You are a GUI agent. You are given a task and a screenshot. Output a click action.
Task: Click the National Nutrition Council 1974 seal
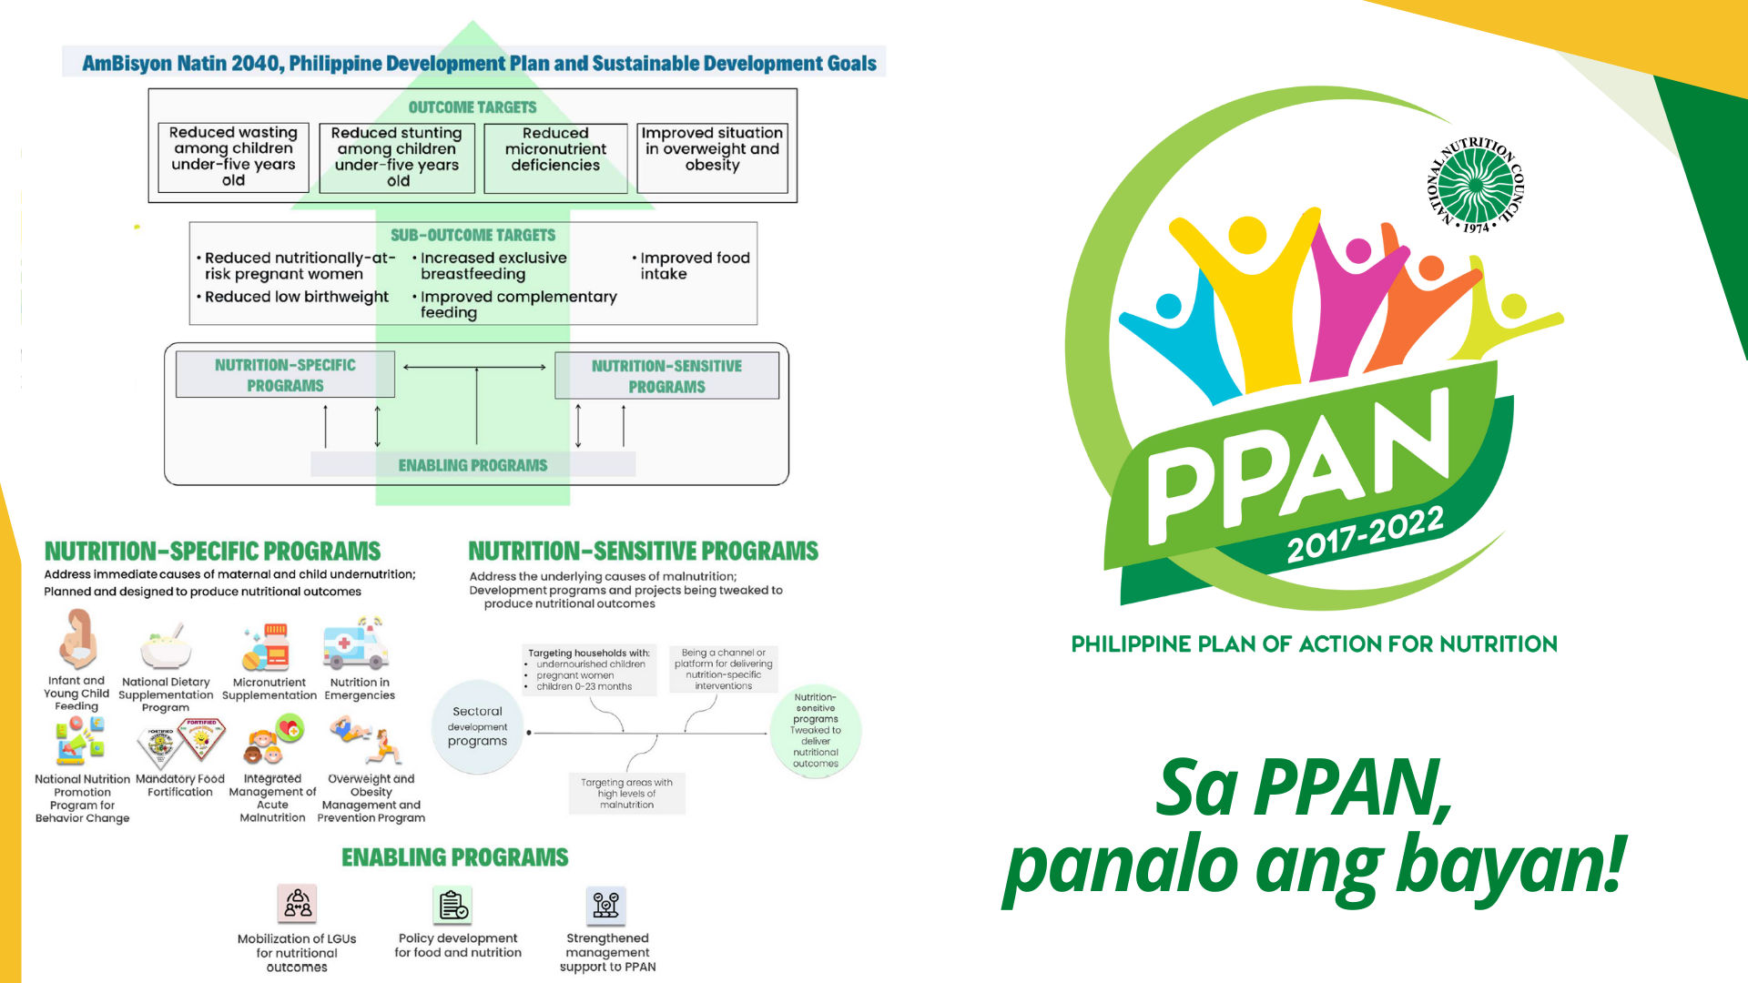[x=1476, y=185]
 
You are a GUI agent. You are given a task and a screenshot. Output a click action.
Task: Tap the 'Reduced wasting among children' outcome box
[x=233, y=157]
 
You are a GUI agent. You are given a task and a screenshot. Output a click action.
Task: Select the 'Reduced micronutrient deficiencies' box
[x=555, y=157]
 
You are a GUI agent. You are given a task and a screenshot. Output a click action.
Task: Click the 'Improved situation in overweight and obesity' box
[x=712, y=157]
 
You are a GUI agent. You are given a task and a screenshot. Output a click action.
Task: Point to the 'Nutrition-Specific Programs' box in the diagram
[x=285, y=375]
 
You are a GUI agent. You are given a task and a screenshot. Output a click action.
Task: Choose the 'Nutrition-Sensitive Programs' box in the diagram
[x=666, y=376]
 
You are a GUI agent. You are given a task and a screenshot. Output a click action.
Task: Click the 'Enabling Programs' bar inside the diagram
[x=473, y=465]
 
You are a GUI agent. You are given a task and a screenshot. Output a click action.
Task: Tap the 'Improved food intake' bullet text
[x=694, y=266]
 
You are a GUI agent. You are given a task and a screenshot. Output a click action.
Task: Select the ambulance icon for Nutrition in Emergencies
[x=356, y=644]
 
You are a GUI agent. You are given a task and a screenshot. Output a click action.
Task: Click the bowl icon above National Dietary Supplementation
[x=166, y=648]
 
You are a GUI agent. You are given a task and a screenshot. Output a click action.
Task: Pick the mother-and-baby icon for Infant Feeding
[x=77, y=639]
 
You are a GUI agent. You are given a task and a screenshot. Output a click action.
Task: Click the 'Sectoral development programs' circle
[x=477, y=726]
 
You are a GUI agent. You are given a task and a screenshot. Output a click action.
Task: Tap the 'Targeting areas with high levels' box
[x=626, y=793]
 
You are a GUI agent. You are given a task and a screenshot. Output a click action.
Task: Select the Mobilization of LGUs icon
[x=297, y=904]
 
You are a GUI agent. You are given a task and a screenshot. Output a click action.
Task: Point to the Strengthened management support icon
[x=606, y=906]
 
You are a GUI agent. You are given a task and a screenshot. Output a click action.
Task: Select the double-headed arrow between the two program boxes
[x=474, y=367]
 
